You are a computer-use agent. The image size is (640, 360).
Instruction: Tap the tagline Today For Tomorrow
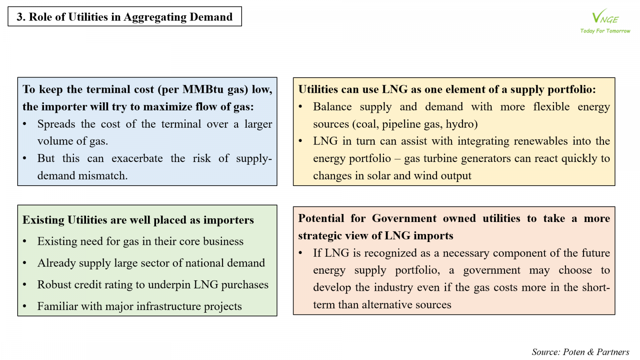coord(605,31)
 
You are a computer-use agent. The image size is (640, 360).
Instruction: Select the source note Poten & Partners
coord(580,352)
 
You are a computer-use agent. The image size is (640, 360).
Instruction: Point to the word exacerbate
coord(137,158)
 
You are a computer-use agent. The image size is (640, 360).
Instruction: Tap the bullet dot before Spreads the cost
coord(25,124)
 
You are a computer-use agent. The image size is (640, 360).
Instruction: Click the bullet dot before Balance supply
coord(301,107)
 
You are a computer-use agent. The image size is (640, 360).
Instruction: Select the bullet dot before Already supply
coord(25,263)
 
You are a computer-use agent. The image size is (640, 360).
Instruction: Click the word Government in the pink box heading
coord(404,218)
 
